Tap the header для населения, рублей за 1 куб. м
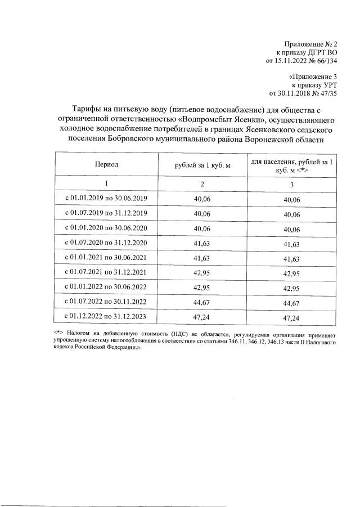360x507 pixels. point(292,165)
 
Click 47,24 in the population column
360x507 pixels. point(292,317)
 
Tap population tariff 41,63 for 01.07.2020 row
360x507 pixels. point(292,243)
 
